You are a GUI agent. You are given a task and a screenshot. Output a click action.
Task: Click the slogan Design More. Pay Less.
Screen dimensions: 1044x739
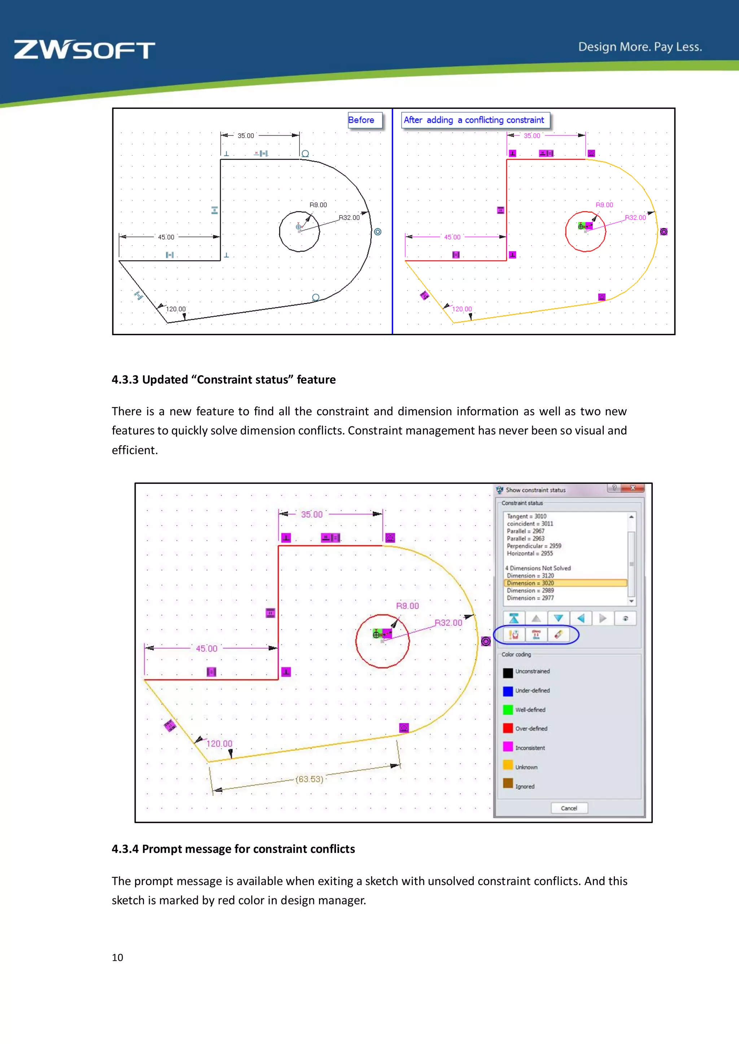point(640,47)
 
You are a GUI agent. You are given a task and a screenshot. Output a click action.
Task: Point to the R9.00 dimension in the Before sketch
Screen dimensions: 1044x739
point(318,205)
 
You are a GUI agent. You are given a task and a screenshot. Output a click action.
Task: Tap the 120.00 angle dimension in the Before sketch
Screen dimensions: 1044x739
point(176,309)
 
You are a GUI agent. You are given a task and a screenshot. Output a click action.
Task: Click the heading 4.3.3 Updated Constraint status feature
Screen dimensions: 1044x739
point(223,380)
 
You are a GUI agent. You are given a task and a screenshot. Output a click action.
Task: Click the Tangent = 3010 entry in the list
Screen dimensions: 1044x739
point(526,516)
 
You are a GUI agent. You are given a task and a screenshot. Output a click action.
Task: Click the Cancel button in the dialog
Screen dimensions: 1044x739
point(569,808)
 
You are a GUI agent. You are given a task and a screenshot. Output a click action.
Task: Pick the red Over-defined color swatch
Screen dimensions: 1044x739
point(508,729)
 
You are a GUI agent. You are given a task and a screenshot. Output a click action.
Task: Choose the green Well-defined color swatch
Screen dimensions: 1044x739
point(508,709)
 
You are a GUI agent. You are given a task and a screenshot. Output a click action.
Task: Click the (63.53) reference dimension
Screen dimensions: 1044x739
point(310,779)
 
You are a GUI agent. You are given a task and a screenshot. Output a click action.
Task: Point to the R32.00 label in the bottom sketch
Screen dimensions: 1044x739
point(448,623)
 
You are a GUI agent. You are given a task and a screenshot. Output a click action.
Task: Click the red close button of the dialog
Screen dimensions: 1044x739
point(633,488)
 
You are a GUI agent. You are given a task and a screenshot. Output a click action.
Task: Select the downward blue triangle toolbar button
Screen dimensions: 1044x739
point(558,618)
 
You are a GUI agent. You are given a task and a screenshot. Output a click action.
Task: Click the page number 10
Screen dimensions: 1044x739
point(117,957)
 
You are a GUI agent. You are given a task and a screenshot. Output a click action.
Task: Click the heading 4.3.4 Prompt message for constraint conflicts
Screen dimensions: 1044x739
point(233,849)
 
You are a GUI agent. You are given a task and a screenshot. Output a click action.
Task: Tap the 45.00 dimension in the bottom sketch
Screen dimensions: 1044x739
point(207,649)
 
